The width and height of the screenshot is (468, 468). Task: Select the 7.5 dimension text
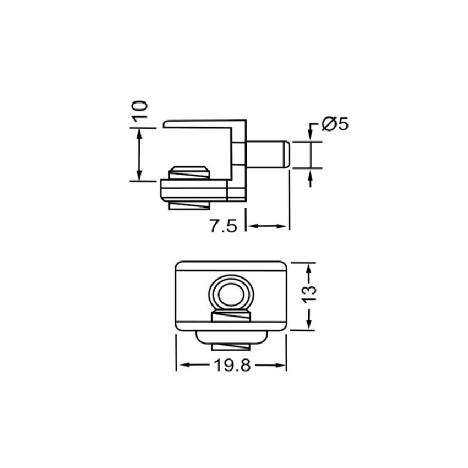(223, 226)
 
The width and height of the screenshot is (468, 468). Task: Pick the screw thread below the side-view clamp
(189, 205)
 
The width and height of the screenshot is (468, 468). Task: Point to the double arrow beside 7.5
(267, 226)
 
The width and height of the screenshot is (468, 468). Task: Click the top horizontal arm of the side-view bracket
(204, 122)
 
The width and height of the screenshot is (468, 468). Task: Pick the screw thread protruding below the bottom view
(231, 345)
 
